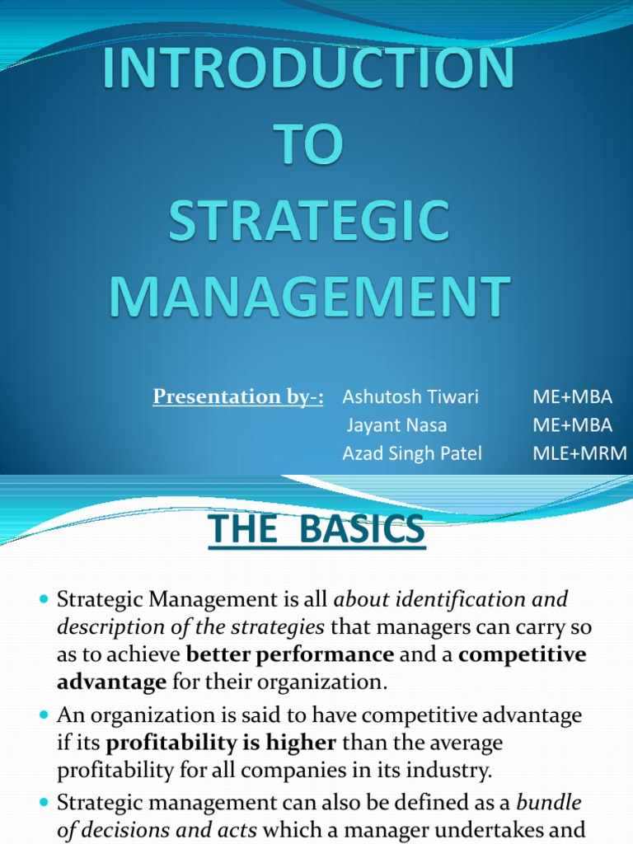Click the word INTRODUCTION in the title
(x=308, y=72)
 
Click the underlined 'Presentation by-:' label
(x=237, y=397)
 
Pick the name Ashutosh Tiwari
(x=410, y=397)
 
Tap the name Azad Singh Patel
(x=411, y=453)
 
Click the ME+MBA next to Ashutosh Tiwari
(x=573, y=397)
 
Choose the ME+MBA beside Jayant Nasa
(x=573, y=425)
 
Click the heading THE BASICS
(x=317, y=530)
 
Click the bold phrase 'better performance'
(x=291, y=654)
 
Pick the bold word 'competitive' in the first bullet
(x=522, y=654)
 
